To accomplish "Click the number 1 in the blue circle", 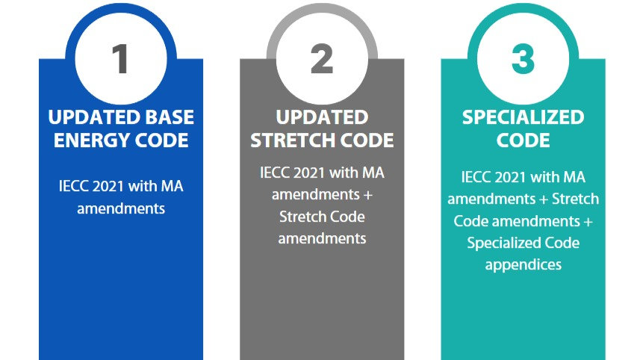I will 121,60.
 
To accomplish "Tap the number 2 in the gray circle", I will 322,60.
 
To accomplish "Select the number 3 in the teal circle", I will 523,60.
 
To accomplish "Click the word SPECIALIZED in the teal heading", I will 523,117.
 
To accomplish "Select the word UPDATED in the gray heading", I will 322,117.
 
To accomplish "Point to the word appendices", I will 523,264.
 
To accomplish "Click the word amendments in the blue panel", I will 121,208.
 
